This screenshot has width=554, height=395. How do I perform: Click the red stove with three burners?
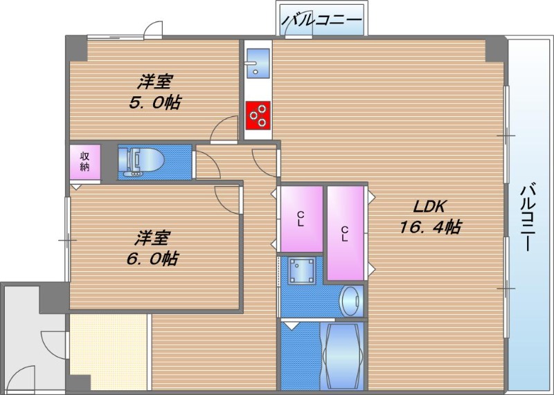coord(258,116)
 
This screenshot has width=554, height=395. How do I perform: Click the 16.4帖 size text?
coord(430,226)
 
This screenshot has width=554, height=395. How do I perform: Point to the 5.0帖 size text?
coord(154,102)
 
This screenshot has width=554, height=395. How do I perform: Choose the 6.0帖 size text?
coord(153,259)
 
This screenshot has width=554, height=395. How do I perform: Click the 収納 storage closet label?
coord(84,161)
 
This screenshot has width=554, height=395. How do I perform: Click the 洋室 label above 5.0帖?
coord(154,82)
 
